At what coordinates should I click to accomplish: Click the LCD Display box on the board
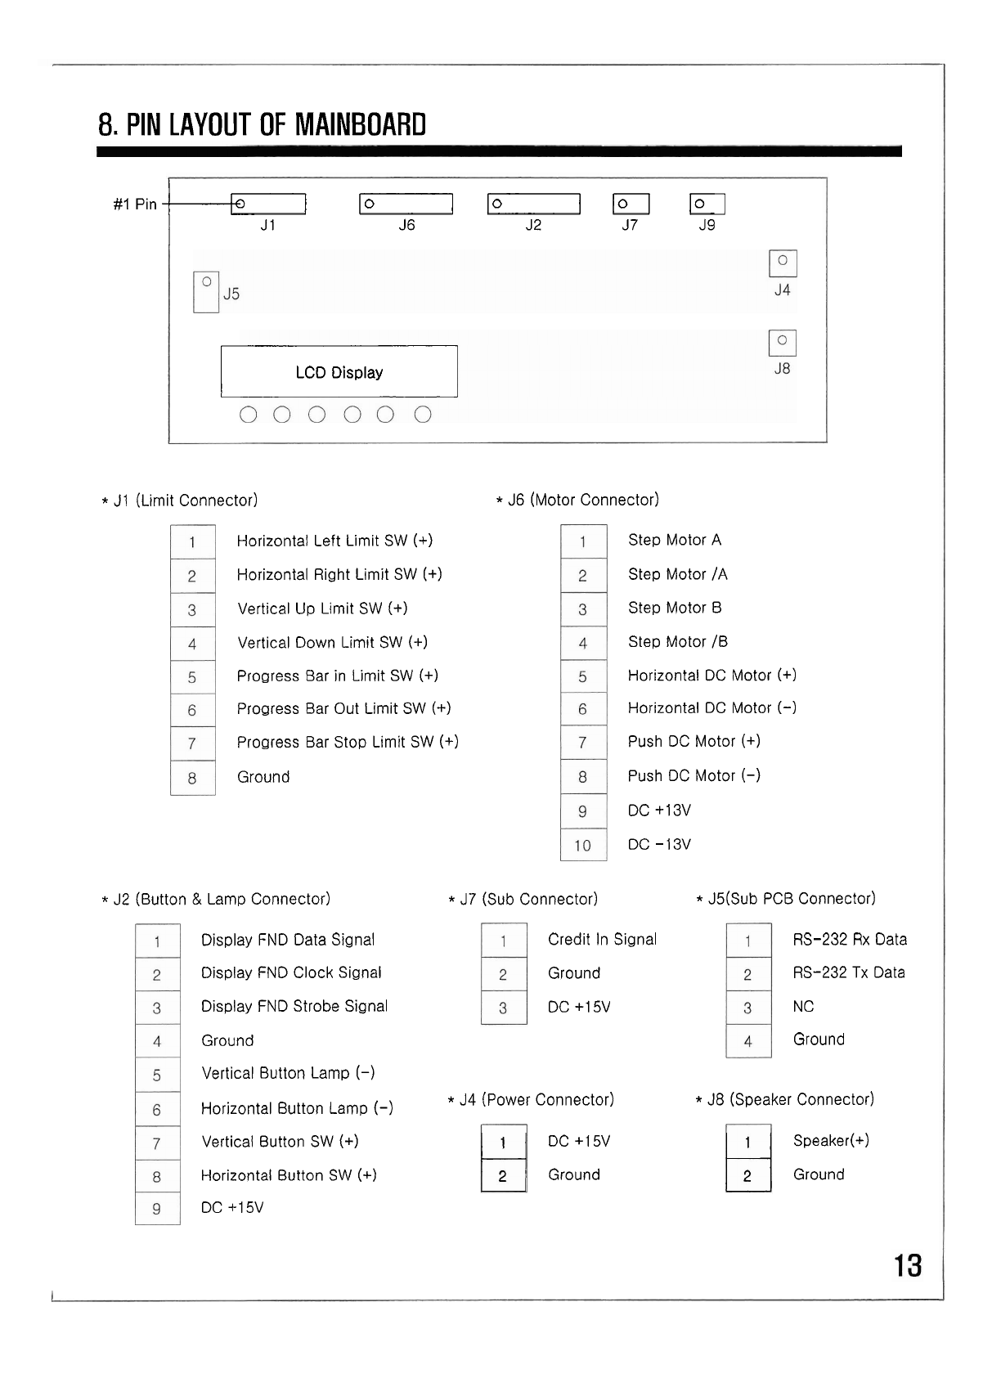click(339, 372)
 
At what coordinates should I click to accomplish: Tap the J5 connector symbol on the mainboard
click(206, 292)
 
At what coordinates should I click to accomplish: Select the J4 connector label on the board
click(782, 290)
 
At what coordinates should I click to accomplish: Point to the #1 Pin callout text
click(135, 204)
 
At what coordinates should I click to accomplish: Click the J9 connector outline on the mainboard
click(707, 204)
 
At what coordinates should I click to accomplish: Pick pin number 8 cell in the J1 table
click(192, 778)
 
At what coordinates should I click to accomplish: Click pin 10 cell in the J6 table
click(583, 845)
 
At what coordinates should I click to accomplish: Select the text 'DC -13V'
click(659, 845)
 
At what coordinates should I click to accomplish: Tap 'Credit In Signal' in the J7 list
click(602, 940)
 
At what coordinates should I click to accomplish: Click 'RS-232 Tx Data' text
click(849, 973)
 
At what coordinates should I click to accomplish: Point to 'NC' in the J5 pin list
click(803, 1007)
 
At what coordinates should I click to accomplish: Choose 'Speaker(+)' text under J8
click(831, 1141)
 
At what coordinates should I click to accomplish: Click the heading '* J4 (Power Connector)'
click(531, 1100)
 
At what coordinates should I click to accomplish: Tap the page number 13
click(908, 1266)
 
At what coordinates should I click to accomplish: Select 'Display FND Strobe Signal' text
click(294, 1007)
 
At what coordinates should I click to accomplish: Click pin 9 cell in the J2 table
click(157, 1209)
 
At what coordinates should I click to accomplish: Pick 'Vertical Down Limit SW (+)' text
click(332, 643)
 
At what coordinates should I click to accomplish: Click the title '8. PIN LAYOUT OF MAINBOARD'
click(262, 125)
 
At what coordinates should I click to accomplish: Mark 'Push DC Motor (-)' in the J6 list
click(694, 775)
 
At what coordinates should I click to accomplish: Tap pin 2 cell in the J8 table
click(747, 1176)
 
